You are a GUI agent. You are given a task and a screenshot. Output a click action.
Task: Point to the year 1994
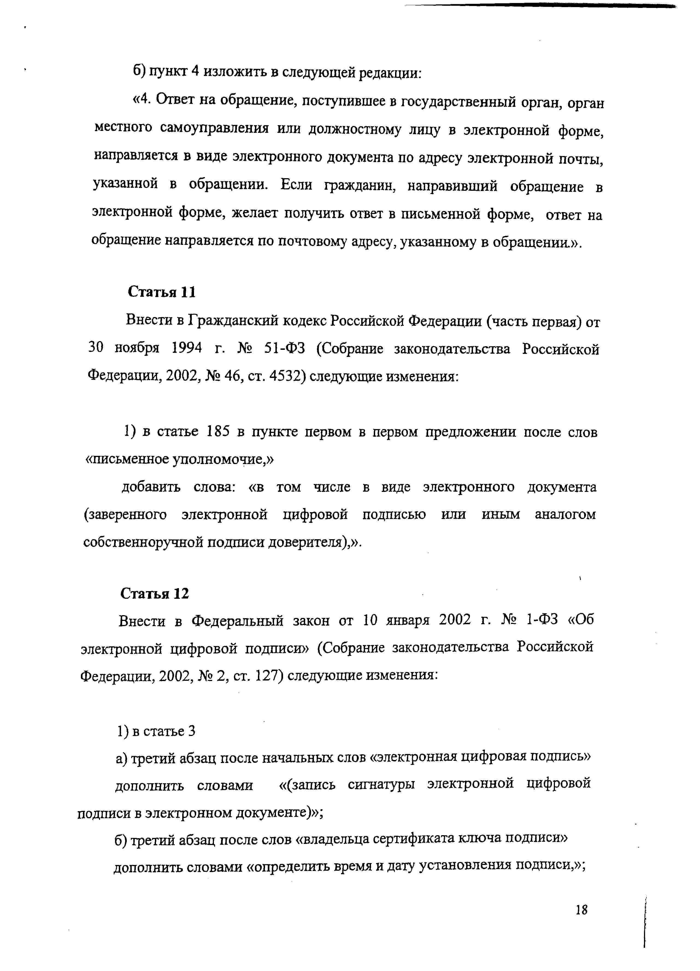click(187, 348)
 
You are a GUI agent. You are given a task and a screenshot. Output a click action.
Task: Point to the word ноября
click(137, 348)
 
